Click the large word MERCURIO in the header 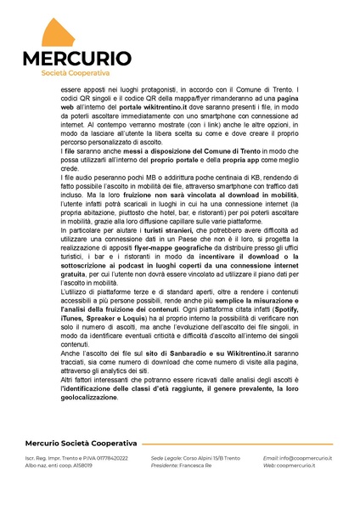point(77,59)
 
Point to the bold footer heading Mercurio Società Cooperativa point(80,444)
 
